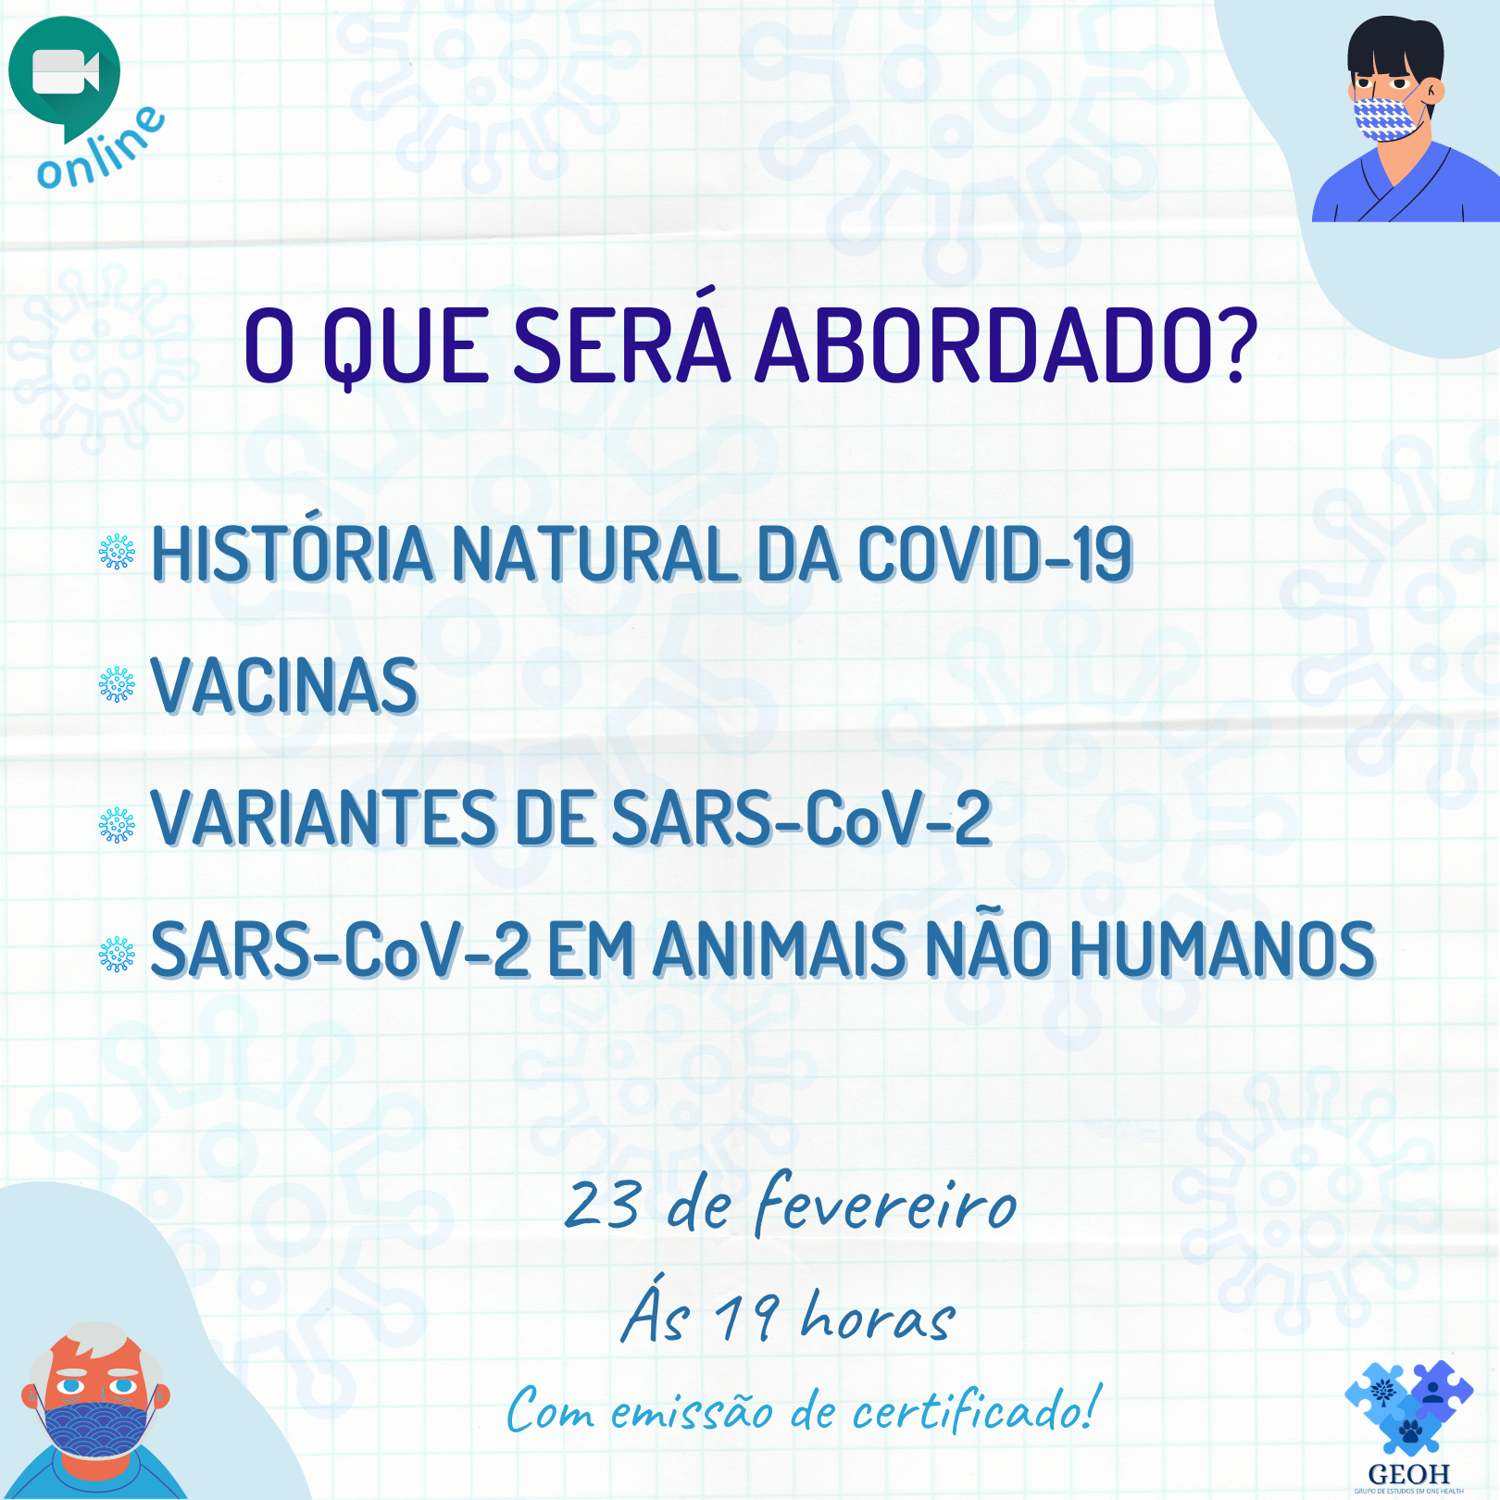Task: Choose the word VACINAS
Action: coord(284,686)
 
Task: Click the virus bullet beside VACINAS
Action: coord(117,685)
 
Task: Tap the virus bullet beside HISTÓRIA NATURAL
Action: coord(117,552)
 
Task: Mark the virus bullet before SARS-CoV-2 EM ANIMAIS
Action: coord(117,954)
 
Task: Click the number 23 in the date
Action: coord(602,1206)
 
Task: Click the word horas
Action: coord(878,1317)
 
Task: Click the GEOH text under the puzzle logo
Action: coord(1408,1474)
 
